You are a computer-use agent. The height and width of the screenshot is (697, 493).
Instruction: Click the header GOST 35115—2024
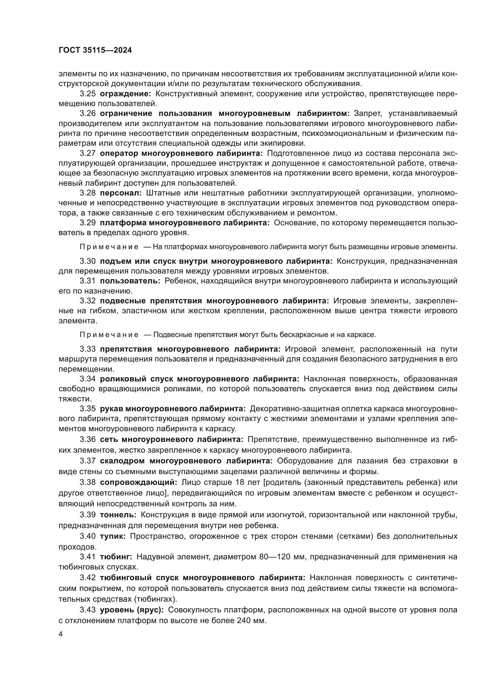click(95, 50)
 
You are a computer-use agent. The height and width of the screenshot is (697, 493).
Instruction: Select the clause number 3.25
click(88, 94)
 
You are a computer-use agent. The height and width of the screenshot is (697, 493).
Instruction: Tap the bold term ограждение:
click(125, 94)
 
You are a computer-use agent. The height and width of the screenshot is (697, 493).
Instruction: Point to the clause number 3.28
click(88, 193)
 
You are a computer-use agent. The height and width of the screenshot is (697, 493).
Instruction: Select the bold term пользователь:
click(130, 281)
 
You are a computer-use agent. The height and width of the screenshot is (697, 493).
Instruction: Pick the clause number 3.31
click(88, 281)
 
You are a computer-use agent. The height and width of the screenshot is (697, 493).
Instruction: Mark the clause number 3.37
click(88, 461)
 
